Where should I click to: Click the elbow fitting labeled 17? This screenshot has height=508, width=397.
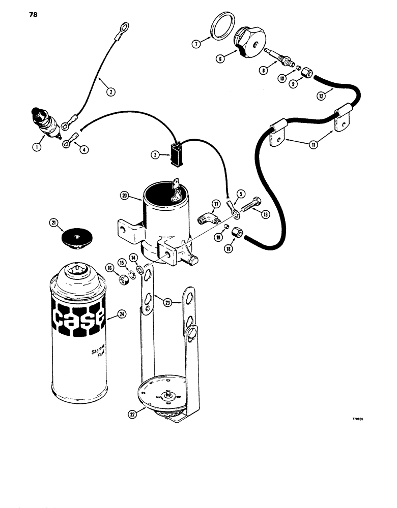tap(207, 220)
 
